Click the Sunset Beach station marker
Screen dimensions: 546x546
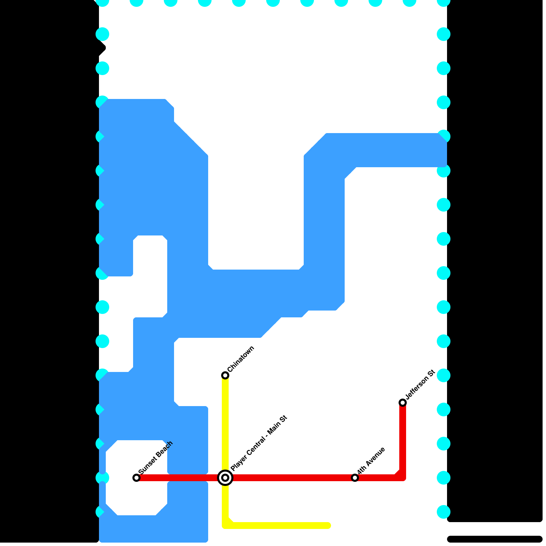[x=136, y=478]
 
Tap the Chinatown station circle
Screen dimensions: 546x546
[x=225, y=375]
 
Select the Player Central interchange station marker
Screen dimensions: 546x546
[x=225, y=478]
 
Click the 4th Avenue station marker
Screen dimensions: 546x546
[x=355, y=478]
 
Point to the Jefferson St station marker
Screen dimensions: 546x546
[x=403, y=403]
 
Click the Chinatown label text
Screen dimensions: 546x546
[x=241, y=359]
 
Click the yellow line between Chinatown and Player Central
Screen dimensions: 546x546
[x=225, y=427]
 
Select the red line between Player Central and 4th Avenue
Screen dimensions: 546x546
[x=290, y=478]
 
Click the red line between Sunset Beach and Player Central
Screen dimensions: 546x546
[x=177, y=478]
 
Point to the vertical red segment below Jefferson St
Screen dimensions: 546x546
[x=403, y=440]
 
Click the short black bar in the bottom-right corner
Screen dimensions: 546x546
[x=495, y=539]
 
